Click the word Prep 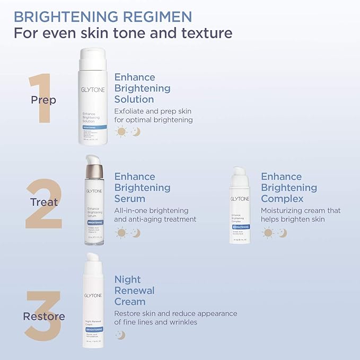point(43,100)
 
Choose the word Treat point(45,202)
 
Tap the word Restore point(44,317)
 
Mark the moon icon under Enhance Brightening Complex point(282,232)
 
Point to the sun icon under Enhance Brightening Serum point(121,232)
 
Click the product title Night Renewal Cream point(134,290)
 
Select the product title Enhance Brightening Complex point(289,188)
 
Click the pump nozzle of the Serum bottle point(94,161)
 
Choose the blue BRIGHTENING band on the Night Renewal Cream point(93,329)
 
